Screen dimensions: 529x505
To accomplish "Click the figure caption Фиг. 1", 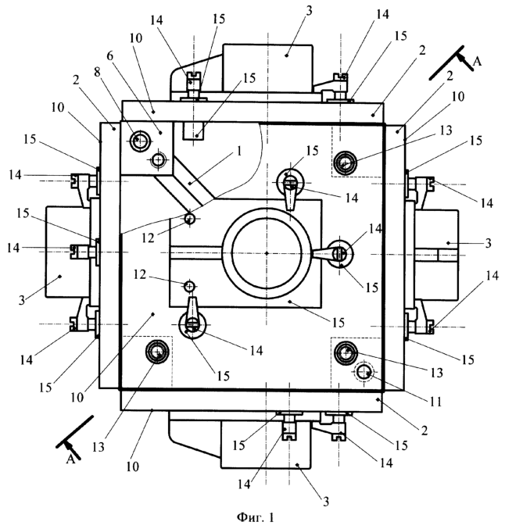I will (x=252, y=515).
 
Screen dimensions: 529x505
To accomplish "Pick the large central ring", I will (x=266, y=252).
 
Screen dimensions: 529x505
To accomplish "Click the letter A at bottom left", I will (x=70, y=459).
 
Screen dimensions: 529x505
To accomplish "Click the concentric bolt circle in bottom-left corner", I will (x=158, y=353).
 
